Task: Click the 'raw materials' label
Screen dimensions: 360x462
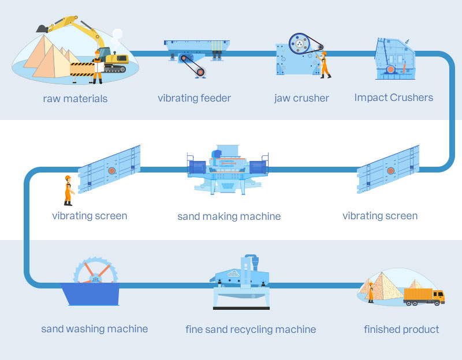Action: [75, 99]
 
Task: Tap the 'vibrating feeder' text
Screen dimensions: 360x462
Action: [194, 98]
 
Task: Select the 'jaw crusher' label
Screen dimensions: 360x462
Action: [301, 98]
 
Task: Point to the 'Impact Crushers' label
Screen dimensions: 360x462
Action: [393, 97]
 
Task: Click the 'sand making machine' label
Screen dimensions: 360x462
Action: [229, 216]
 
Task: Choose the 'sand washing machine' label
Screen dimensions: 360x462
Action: [94, 329]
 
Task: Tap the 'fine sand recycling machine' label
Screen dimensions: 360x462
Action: [251, 329]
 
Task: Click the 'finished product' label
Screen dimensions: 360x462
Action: [401, 329]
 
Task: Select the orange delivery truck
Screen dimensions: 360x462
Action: [424, 295]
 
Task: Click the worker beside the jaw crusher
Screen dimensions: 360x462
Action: [325, 64]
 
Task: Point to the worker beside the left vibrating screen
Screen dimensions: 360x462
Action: [68, 190]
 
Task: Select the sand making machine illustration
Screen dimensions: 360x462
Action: [228, 170]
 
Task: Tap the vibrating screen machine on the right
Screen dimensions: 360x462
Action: [388, 170]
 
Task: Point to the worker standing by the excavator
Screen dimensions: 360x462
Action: [97, 66]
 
